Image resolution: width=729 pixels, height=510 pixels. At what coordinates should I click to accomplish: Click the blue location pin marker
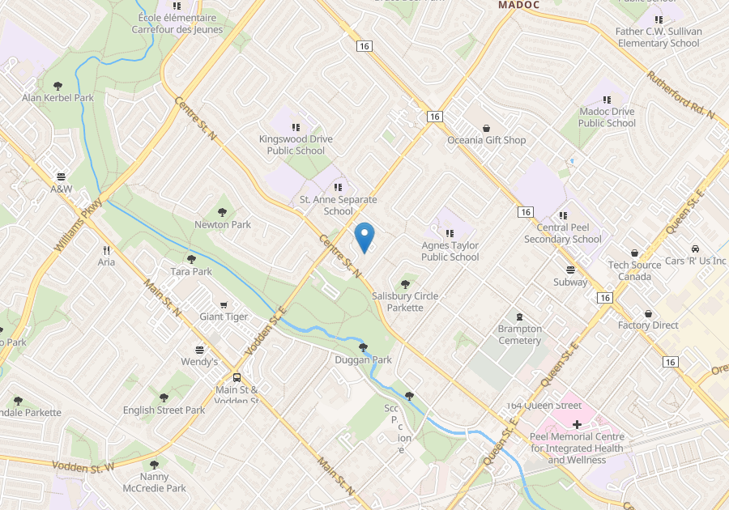point(364,236)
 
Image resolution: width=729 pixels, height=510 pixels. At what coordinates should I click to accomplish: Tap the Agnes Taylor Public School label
point(450,251)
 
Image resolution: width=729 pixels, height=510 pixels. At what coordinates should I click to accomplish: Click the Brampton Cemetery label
point(519,334)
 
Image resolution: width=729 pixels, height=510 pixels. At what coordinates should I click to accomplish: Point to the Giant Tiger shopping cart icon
point(224,304)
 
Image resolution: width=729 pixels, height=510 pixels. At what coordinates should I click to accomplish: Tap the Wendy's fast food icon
point(198,349)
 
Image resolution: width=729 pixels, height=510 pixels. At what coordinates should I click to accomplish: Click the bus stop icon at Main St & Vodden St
point(237,377)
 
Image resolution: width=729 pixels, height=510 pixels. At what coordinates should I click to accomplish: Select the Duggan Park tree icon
point(362,347)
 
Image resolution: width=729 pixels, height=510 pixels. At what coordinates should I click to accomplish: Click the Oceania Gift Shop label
point(486,140)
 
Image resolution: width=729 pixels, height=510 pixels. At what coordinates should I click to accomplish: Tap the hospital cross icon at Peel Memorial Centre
point(577,424)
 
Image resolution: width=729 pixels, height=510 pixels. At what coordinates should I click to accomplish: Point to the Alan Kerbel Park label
point(58,98)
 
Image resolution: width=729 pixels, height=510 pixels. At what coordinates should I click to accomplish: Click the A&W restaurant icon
point(61,176)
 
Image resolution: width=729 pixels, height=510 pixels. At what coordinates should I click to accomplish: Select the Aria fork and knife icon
point(106,250)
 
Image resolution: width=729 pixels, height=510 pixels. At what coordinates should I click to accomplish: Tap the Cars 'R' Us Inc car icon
point(695,249)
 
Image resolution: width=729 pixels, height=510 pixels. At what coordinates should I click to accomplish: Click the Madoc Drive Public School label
point(607,117)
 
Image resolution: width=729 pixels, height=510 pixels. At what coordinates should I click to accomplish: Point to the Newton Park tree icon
point(222,212)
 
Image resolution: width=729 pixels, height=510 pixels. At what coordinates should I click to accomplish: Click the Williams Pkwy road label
point(79,224)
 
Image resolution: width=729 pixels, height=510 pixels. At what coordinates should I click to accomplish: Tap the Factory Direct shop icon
point(648,313)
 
